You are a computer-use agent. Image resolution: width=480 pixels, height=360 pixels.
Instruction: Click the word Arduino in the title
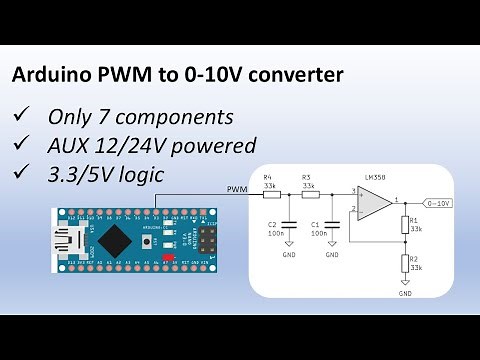pos(50,75)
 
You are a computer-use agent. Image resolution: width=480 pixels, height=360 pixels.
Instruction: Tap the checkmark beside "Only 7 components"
pos(22,115)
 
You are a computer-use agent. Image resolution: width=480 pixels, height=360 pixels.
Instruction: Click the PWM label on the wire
pos(237,188)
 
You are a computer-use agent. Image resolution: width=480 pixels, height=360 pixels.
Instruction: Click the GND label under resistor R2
pos(405,294)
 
